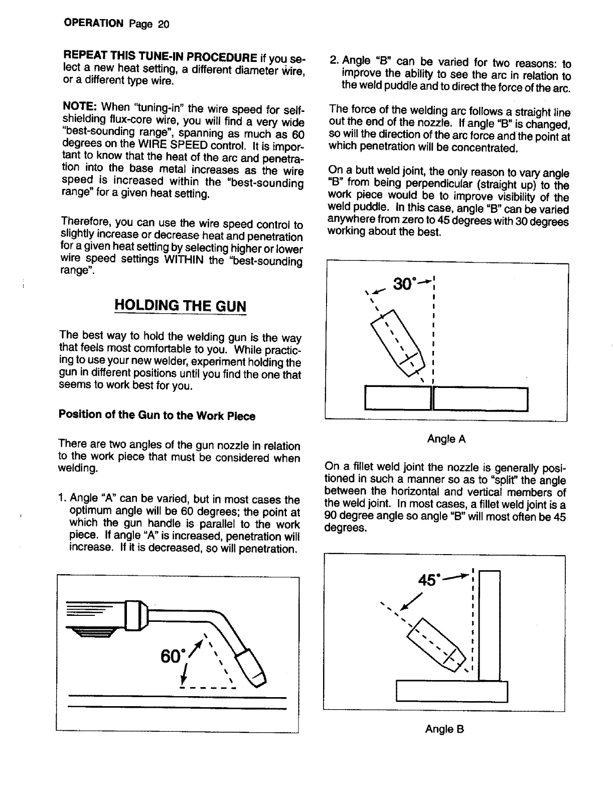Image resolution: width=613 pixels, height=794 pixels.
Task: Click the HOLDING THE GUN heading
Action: click(x=181, y=306)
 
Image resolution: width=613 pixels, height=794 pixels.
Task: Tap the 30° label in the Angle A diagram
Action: click(x=404, y=284)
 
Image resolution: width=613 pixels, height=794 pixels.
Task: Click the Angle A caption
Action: click(x=446, y=439)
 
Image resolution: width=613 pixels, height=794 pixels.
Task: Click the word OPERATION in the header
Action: click(x=93, y=24)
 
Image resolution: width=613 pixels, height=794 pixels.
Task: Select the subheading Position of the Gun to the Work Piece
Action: click(x=157, y=416)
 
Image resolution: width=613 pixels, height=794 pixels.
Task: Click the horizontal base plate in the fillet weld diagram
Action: click(x=451, y=691)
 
